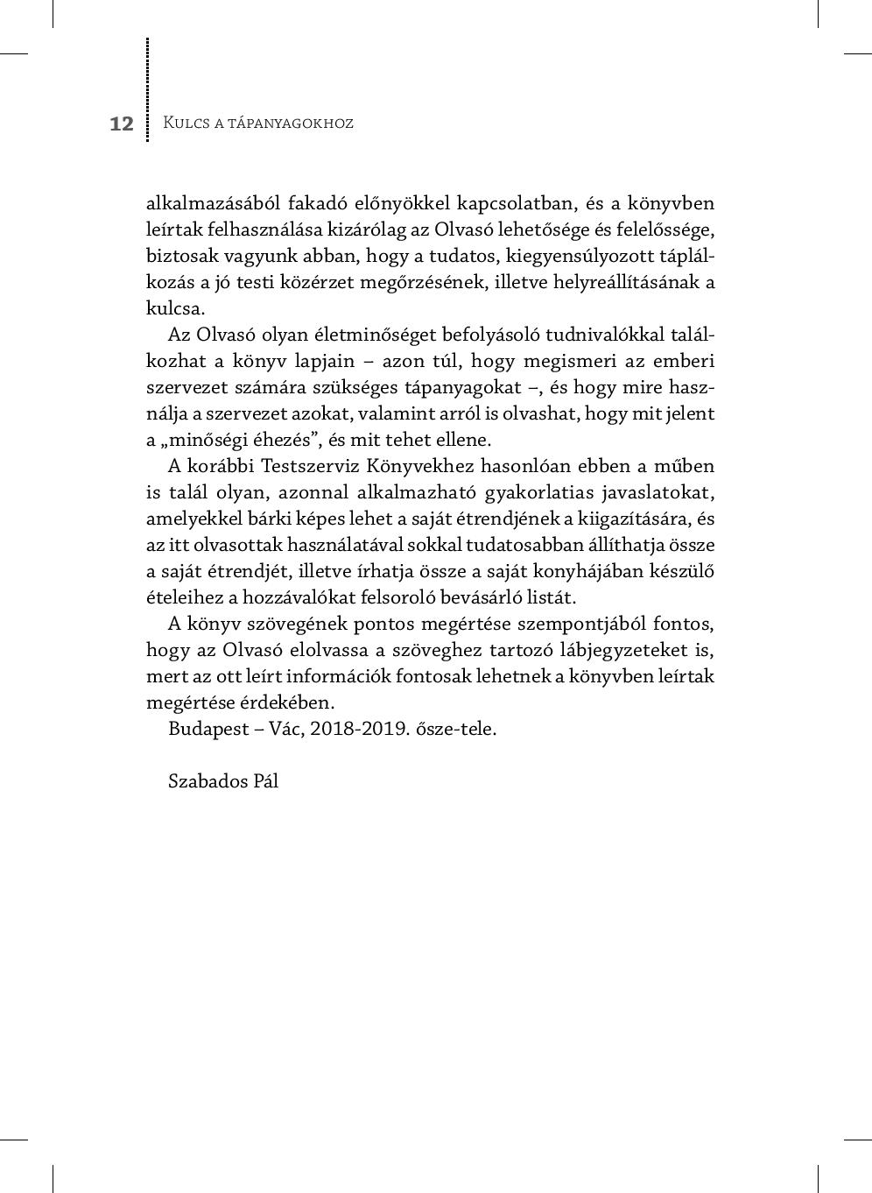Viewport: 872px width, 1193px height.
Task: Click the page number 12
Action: (x=122, y=124)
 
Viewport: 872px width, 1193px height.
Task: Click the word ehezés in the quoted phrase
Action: (x=284, y=441)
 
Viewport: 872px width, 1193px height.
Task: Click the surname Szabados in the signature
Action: (x=208, y=781)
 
